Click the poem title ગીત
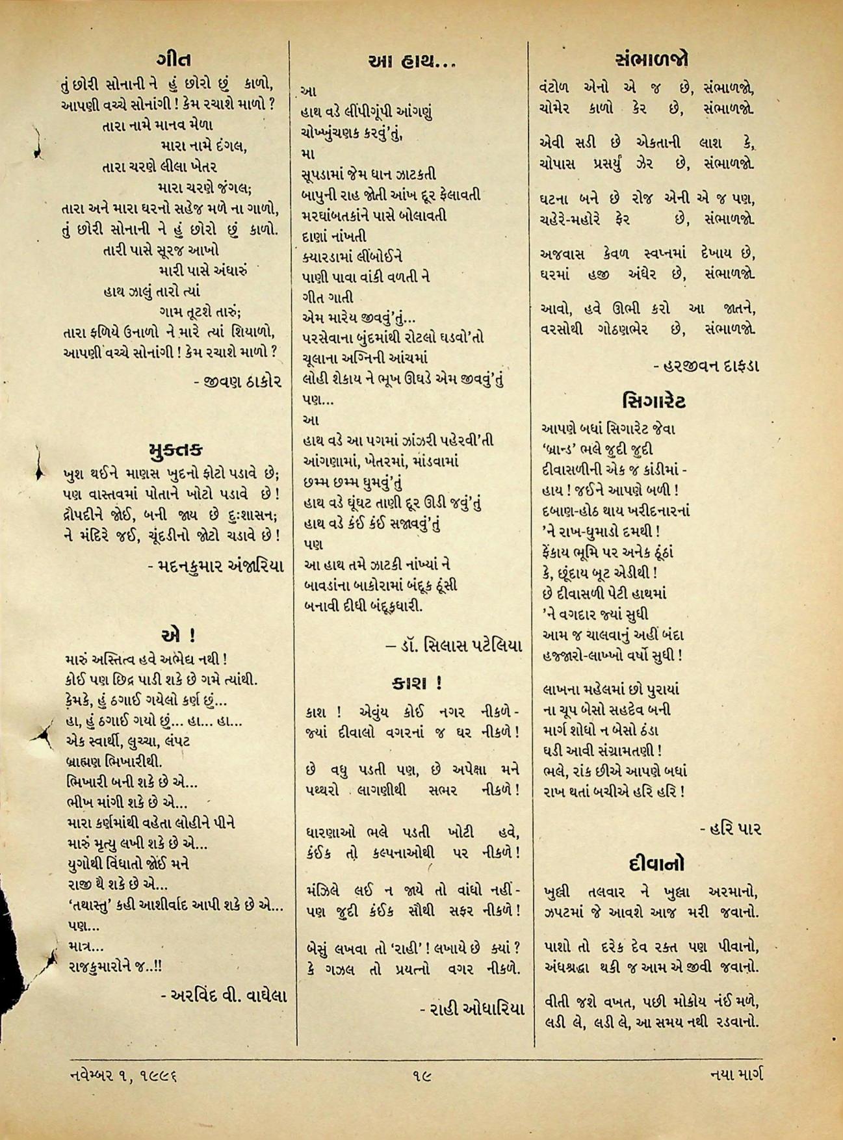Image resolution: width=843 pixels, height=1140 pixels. point(174,60)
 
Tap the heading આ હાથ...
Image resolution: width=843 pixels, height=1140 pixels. point(411,62)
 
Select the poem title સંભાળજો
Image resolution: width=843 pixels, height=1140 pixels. point(652,59)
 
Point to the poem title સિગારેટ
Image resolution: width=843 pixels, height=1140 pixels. point(653,400)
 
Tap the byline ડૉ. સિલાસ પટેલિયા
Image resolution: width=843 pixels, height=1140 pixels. point(454,646)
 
